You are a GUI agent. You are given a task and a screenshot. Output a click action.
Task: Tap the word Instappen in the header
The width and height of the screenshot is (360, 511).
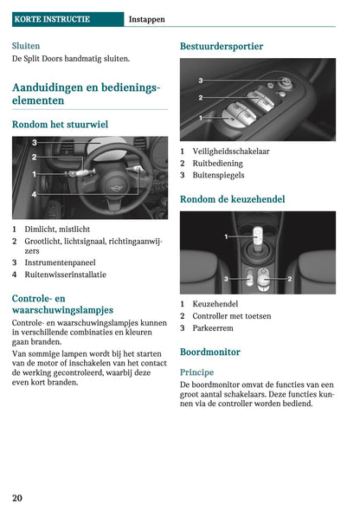coord(146,18)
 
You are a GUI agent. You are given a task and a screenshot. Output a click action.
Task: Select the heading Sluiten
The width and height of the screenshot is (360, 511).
coord(26,45)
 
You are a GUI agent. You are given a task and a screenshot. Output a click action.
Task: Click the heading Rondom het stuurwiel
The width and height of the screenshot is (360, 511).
coord(60,125)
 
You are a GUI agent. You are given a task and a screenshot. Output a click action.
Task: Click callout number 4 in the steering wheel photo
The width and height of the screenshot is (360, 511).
coord(34,195)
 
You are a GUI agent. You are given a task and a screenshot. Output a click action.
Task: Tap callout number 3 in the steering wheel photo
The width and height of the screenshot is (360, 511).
coord(34,142)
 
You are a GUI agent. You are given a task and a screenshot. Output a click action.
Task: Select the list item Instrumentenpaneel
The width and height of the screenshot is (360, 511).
coord(60,262)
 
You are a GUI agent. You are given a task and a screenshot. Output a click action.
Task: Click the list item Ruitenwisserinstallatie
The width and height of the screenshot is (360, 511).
coord(65,275)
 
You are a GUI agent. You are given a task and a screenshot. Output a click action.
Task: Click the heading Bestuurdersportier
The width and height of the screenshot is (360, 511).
coord(222,46)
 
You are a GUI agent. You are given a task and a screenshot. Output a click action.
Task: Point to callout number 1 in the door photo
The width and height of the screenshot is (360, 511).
coord(201,117)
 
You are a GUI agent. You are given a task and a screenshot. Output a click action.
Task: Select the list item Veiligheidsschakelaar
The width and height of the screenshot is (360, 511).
coord(230,151)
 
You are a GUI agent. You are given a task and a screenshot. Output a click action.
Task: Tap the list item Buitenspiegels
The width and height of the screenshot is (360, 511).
coord(217,175)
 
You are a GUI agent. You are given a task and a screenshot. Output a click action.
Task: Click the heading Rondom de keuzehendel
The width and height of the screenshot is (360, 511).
coord(232,199)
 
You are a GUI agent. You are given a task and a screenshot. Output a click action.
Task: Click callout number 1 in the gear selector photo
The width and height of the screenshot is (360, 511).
coord(226,236)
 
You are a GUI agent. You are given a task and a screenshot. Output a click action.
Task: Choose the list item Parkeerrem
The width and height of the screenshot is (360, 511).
coord(212,328)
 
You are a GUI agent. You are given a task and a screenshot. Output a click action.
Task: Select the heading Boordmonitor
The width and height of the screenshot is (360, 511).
coord(209,353)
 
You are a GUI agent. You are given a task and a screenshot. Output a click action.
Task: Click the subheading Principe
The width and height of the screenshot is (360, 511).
coord(196,372)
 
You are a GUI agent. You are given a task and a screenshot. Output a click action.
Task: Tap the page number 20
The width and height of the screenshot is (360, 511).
coord(17,498)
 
